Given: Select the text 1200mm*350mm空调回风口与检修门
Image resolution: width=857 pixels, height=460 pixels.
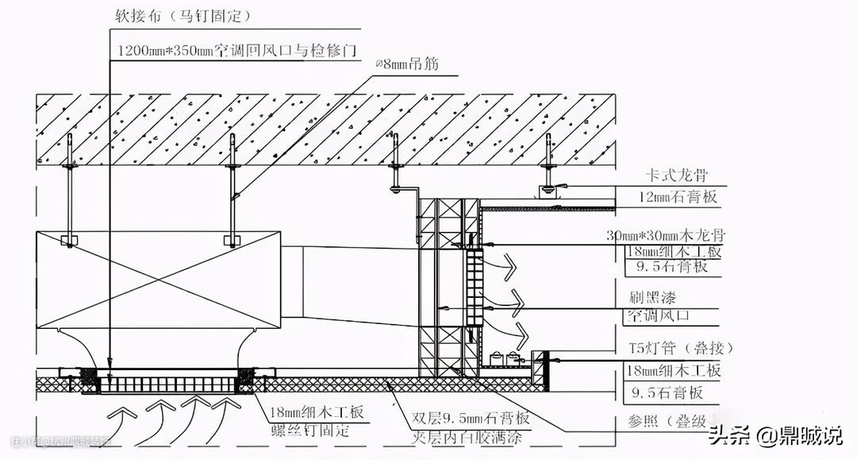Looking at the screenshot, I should tap(235, 49).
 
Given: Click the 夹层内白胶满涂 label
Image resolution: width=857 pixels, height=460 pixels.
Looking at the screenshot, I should tap(468, 436).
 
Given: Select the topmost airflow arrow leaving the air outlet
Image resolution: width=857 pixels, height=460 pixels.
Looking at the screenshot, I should tap(505, 264).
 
